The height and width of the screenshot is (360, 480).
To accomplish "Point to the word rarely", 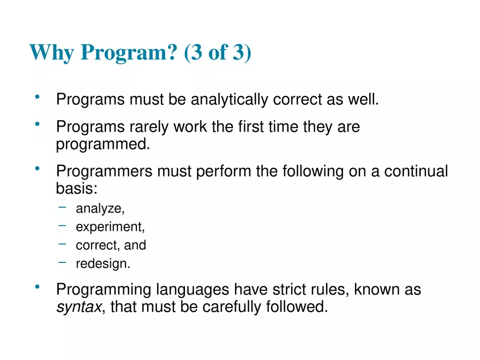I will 149,127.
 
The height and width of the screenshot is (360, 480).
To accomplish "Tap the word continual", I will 416,171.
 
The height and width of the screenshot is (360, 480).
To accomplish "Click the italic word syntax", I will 79,307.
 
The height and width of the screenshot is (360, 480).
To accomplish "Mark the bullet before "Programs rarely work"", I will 38,125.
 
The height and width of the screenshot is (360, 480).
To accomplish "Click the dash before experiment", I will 63,225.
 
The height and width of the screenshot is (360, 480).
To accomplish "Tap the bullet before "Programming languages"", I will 38,287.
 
